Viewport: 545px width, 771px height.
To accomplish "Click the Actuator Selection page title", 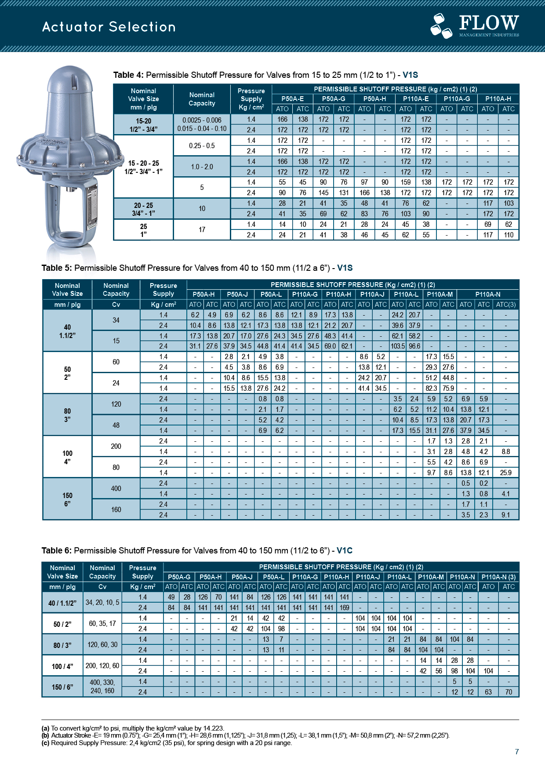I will click(x=109, y=27).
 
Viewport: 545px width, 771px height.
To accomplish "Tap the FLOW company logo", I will click(x=475, y=25).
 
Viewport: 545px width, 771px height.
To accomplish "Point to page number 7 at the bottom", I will click(x=517, y=752).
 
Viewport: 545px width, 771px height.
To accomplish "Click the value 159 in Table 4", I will click(x=405, y=182).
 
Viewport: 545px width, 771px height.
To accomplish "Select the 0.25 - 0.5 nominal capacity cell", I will click(x=202, y=145).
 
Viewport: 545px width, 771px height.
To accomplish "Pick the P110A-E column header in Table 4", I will click(x=416, y=99).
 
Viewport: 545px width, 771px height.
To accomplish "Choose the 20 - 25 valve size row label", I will click(x=143, y=209).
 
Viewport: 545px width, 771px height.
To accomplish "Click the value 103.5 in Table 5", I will click(x=397, y=346).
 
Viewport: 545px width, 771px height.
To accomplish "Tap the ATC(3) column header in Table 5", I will click(x=505, y=304).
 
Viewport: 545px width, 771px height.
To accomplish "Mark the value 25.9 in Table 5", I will click(x=505, y=473).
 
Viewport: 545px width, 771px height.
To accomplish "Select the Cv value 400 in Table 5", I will click(x=116, y=488).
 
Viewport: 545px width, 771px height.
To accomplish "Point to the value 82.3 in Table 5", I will click(x=431, y=388).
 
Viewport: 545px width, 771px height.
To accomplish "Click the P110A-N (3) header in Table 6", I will click(x=498, y=577).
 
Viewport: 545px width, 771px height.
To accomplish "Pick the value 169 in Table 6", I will click(x=344, y=607).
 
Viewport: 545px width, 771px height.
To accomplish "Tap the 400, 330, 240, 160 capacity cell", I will click(x=102, y=686).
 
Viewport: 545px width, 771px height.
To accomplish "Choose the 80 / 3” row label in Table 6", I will click(x=62, y=645).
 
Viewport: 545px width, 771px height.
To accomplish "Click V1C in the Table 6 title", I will click(x=345, y=550).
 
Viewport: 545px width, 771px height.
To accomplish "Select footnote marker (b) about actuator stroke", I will click(x=45, y=735).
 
